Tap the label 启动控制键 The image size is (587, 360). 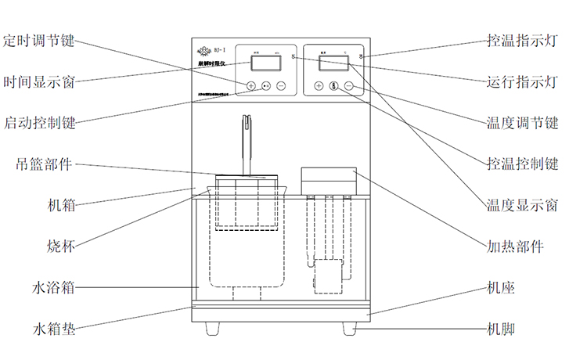tap(40, 123)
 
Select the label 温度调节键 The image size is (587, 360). tap(521, 123)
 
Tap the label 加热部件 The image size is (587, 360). tap(515, 246)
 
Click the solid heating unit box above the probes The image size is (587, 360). tap(329, 179)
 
